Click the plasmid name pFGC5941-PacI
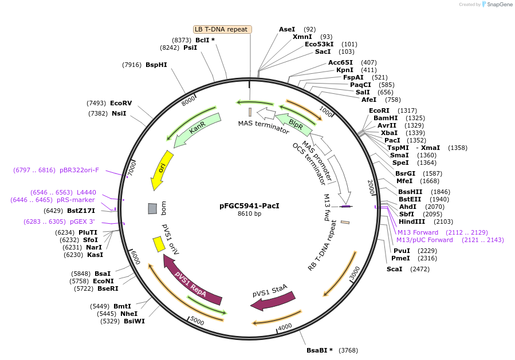249,205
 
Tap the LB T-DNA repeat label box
222,29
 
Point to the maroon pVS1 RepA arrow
192,280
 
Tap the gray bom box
152,209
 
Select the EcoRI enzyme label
379,110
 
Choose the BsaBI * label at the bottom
320,350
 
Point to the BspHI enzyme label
156,65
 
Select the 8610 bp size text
249,214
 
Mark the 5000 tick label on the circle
198,321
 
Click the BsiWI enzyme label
134,321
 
